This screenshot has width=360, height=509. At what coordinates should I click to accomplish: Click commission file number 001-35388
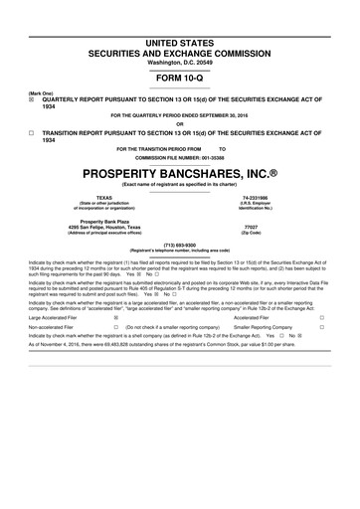point(211,156)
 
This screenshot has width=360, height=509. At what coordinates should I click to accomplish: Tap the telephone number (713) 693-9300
point(179,244)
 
